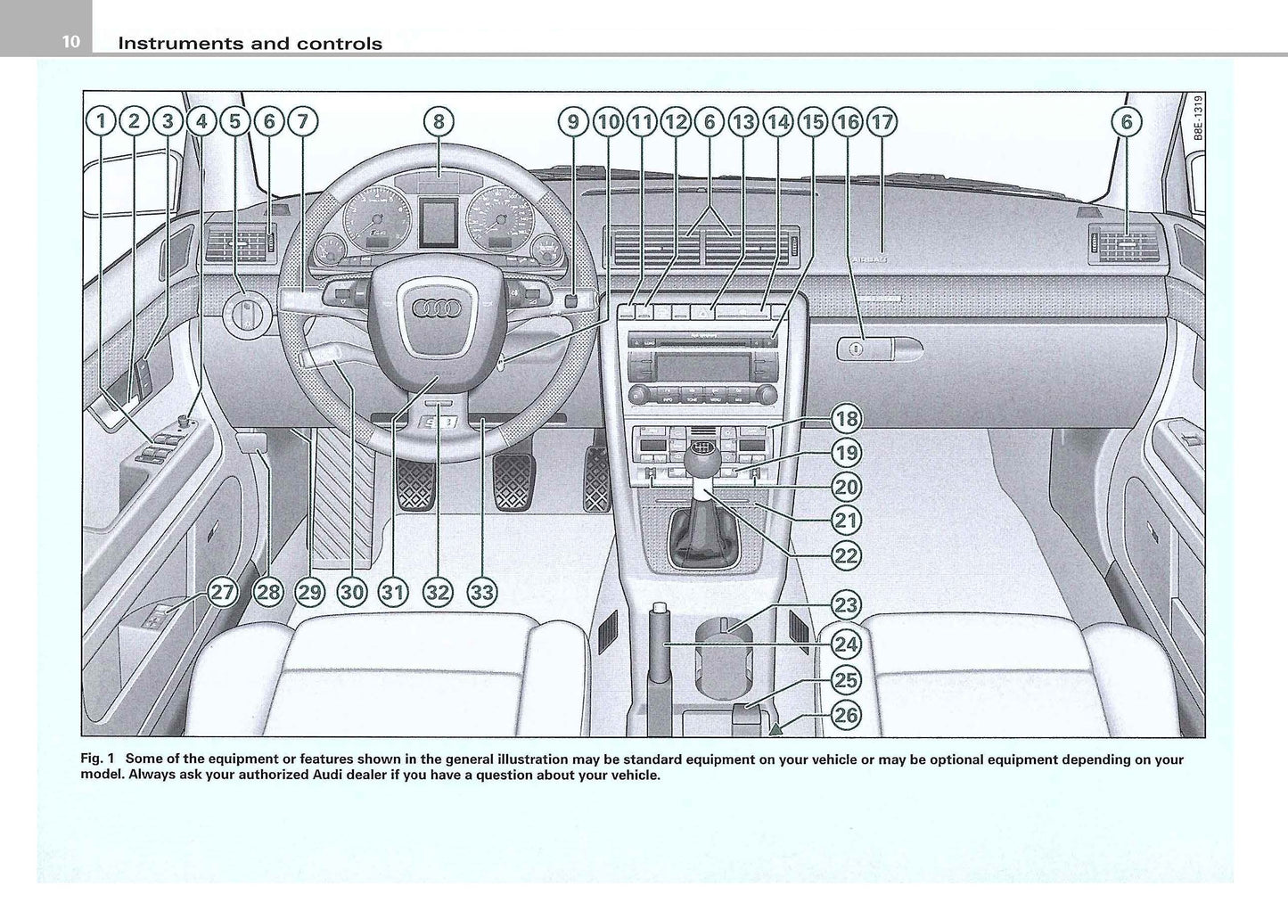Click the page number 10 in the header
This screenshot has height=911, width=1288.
pyautogui.click(x=71, y=42)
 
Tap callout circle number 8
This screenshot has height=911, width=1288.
pyautogui.click(x=438, y=121)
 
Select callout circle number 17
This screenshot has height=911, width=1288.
pyautogui.click(x=881, y=121)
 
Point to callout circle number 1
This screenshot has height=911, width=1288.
pyautogui.click(x=102, y=121)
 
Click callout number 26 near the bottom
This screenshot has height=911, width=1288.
pyautogui.click(x=845, y=714)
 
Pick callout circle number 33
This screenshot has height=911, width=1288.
pyautogui.click(x=481, y=592)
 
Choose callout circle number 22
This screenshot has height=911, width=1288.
pyautogui.click(x=845, y=555)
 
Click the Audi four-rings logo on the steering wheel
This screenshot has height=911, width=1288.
pyautogui.click(x=435, y=308)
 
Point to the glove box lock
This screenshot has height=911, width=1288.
pyautogui.click(x=854, y=349)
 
